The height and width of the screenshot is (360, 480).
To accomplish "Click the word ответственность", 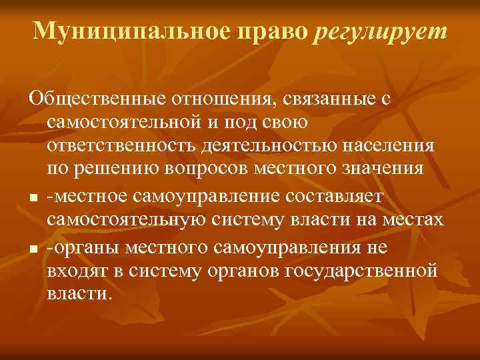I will coord(125,145).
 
